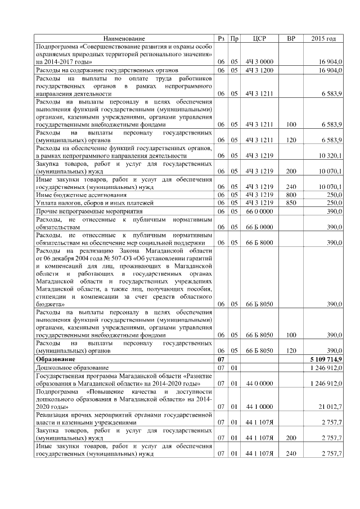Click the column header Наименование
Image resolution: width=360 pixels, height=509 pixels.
point(124,39)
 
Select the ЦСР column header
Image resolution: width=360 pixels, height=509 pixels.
point(259,39)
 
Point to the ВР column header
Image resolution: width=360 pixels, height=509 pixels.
point(291,39)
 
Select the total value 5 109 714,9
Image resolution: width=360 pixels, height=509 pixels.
point(326,358)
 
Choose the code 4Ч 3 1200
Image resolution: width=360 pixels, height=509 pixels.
point(259,70)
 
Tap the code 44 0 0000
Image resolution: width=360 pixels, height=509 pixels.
point(259,382)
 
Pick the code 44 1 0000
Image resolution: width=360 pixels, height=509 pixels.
point(259,406)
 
